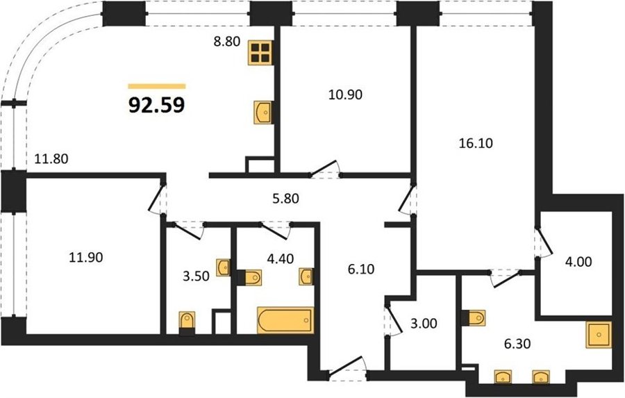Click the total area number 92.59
(x=157, y=106)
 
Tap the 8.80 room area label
(x=227, y=41)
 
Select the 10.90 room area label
(x=346, y=94)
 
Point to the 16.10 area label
(x=476, y=143)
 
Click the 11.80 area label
(x=51, y=159)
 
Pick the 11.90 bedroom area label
(x=86, y=258)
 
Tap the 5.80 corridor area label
(x=285, y=198)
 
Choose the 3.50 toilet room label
(x=196, y=276)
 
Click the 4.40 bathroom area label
(x=281, y=259)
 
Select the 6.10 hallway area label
(x=361, y=270)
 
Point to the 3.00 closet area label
(x=424, y=324)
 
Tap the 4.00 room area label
(x=578, y=262)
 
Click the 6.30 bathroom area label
(x=517, y=343)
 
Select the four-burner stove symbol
(x=261, y=53)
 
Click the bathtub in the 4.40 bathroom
(x=285, y=320)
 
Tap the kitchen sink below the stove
(x=263, y=112)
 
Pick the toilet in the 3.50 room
(x=187, y=321)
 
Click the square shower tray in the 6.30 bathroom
(x=599, y=335)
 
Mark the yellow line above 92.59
(x=157, y=86)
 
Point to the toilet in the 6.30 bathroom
(x=474, y=318)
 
